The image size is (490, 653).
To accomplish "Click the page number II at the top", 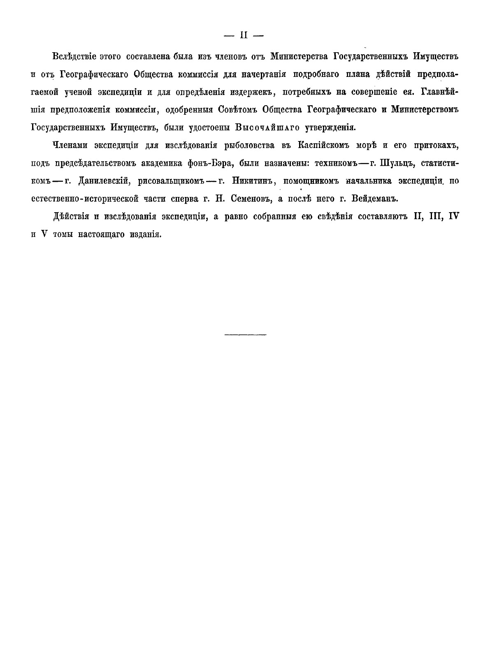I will click(243, 36).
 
